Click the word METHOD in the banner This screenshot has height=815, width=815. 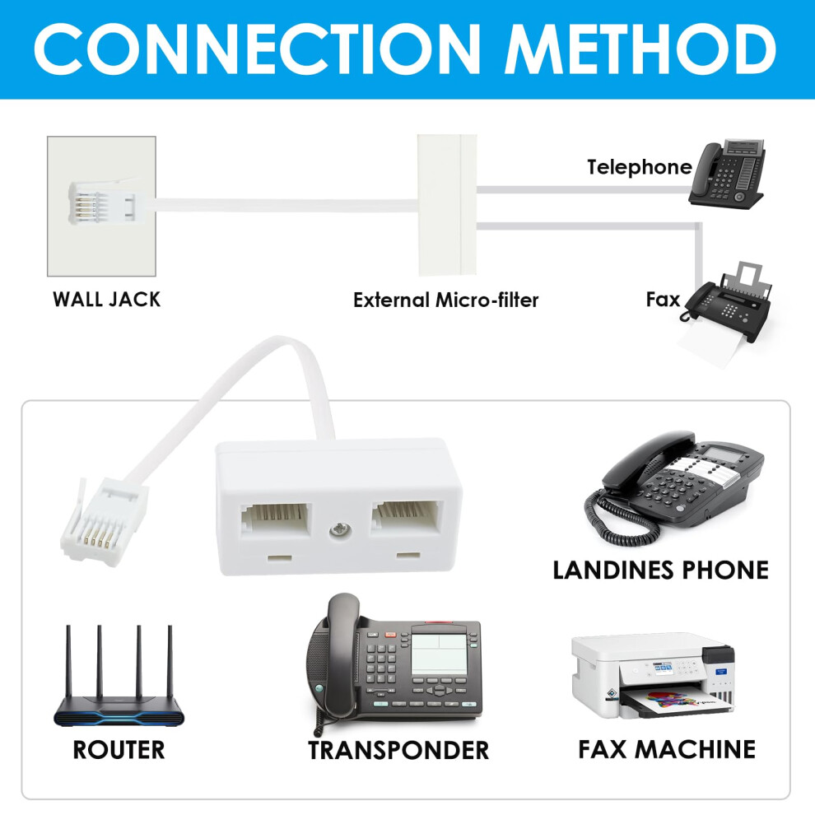pyautogui.click(x=640, y=49)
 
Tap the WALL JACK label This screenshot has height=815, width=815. pyautogui.click(x=106, y=300)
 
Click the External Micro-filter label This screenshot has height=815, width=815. pyautogui.click(x=445, y=300)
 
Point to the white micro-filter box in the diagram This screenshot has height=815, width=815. pyautogui.click(x=447, y=204)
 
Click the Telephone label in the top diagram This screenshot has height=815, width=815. pyautogui.click(x=640, y=167)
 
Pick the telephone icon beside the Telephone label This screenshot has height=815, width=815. pyautogui.click(x=727, y=174)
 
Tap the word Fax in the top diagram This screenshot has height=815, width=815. pyautogui.click(x=663, y=300)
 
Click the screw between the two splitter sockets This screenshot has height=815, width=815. pyautogui.click(x=340, y=531)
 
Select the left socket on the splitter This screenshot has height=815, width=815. pyautogui.click(x=276, y=519)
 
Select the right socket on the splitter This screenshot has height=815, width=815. pyautogui.click(x=407, y=517)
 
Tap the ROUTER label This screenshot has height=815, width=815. pyautogui.click(x=119, y=750)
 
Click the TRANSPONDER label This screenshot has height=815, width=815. pyautogui.click(x=398, y=751)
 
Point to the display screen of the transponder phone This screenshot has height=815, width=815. pyautogui.click(x=440, y=654)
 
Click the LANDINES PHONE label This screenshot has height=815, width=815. pyautogui.click(x=660, y=570)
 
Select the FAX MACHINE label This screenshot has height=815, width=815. pyautogui.click(x=667, y=749)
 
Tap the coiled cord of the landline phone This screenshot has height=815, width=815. pyautogui.click(x=618, y=519)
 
